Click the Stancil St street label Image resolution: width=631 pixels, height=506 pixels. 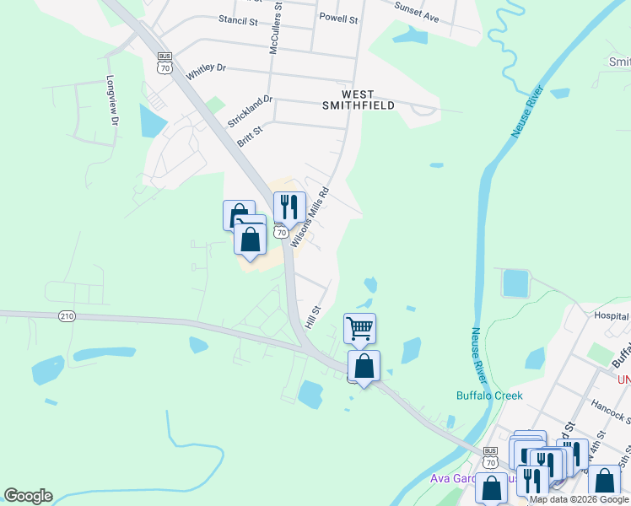pyautogui.click(x=237, y=19)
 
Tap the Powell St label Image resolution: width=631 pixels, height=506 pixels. pyautogui.click(x=338, y=17)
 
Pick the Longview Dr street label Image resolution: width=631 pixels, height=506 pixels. pyautogui.click(x=111, y=102)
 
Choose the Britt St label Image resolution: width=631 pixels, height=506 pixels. pyautogui.click(x=250, y=136)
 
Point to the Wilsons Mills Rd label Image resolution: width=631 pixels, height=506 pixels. pyautogui.click(x=310, y=216)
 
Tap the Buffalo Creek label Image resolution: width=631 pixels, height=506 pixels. pyautogui.click(x=489, y=396)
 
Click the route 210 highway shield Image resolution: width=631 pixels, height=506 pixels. pyautogui.click(x=67, y=316)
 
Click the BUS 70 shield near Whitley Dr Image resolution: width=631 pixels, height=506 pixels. pyautogui.click(x=164, y=62)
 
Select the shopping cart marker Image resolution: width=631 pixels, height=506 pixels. pyautogui.click(x=360, y=327)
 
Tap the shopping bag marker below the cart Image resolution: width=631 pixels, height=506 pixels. pyautogui.click(x=364, y=366)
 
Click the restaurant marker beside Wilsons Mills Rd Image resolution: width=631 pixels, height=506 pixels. pyautogui.click(x=289, y=205)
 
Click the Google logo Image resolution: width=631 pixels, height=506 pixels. pyautogui.click(x=28, y=496)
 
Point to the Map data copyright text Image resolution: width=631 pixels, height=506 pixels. pyautogui.click(x=580, y=499)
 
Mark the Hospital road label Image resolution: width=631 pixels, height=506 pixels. pyautogui.click(x=612, y=316)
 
